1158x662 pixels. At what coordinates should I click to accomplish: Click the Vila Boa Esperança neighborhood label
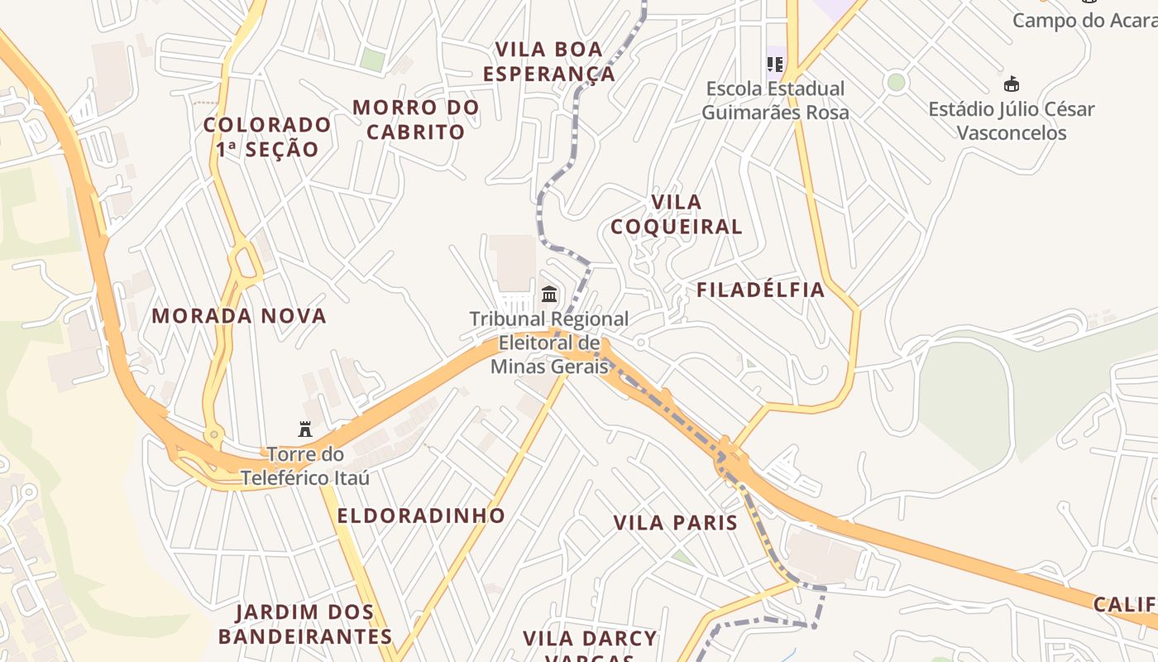click(549, 62)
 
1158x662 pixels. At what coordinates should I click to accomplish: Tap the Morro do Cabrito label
click(415, 119)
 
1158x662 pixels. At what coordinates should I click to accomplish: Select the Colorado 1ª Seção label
click(267, 137)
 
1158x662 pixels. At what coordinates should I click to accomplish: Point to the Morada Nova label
click(239, 315)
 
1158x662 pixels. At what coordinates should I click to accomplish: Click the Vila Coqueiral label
click(676, 214)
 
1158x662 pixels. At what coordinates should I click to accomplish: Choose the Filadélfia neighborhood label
click(760, 290)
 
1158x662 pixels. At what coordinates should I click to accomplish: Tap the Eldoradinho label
click(421, 516)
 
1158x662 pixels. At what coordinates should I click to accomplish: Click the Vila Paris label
click(675, 523)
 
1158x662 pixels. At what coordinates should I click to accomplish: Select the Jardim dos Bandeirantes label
click(304, 625)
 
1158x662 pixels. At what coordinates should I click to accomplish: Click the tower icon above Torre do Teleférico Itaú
click(305, 429)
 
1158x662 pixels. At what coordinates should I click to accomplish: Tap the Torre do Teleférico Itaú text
click(305, 466)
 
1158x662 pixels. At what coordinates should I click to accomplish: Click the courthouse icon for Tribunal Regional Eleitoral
click(548, 294)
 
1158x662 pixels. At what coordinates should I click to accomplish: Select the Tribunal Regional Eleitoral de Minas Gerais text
click(549, 342)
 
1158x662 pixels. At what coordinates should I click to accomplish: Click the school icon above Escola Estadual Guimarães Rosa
click(775, 64)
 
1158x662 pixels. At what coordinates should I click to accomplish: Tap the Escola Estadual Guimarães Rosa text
click(775, 100)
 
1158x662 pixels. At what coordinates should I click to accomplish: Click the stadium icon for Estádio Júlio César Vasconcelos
click(1011, 84)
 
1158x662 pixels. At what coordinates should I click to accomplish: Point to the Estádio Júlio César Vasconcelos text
click(1011, 121)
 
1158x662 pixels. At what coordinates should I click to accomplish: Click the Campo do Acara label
click(1084, 20)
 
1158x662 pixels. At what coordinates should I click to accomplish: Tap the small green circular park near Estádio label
click(895, 82)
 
